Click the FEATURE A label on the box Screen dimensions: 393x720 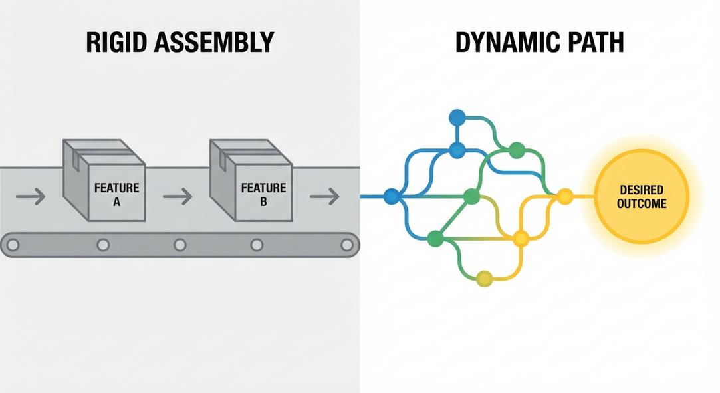tap(116, 195)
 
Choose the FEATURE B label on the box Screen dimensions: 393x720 tap(263, 195)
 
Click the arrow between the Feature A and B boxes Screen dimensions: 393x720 tap(178, 196)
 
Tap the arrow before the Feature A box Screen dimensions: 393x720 tap(31, 196)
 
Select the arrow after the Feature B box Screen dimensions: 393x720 tap(324, 196)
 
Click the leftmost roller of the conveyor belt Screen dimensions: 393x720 tap(13, 245)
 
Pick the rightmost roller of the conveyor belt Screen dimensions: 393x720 tap(347, 245)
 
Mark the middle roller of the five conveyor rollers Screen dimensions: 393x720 tap(180, 245)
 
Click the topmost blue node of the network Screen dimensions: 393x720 tap(457, 118)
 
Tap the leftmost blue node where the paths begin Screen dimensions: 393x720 tap(392, 196)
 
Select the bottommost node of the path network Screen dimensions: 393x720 tap(485, 279)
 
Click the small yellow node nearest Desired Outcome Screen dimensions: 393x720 tap(564, 196)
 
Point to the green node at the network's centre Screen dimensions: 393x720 tap(471, 196)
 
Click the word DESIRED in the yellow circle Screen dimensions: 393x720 tap(641, 191)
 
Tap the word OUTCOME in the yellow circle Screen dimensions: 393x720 tap(641, 203)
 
